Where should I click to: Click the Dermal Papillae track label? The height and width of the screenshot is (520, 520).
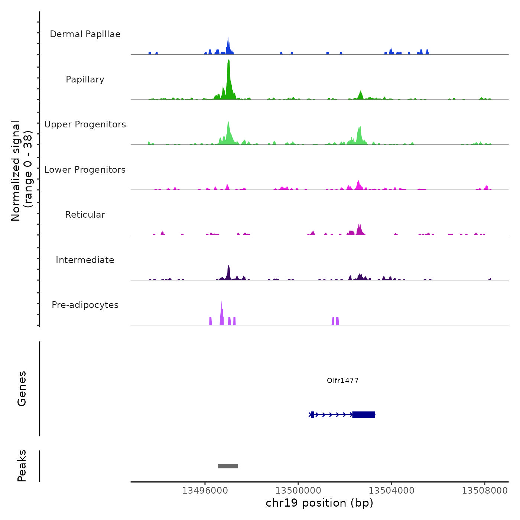pos(85,34)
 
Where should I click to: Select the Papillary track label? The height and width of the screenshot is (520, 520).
pos(85,79)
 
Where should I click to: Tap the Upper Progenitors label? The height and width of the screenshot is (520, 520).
pos(85,124)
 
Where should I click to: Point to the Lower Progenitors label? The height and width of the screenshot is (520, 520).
pos(85,170)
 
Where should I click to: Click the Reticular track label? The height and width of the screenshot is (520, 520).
pos(85,215)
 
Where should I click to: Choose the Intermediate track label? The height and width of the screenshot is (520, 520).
pos(85,260)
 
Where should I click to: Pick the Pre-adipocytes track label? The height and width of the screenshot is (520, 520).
pos(85,305)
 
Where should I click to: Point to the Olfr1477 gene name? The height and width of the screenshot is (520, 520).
pos(342,380)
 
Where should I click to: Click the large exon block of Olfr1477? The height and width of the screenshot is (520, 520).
pos(364,415)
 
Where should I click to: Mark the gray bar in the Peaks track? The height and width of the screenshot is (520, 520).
pos(228,466)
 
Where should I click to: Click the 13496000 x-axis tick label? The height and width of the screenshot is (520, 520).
pos(205,491)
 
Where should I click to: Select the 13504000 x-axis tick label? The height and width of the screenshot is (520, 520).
pos(391,491)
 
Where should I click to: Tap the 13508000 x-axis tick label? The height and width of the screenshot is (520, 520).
pos(484,491)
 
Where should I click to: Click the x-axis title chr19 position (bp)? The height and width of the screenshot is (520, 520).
pos(319,503)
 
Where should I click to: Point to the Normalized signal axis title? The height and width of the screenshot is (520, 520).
pos(22,171)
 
